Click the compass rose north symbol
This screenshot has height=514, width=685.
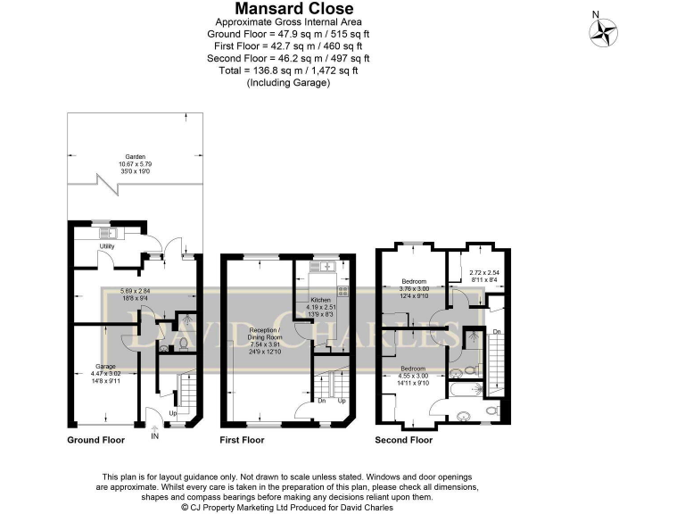pos(603,32)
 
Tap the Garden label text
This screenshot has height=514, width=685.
pos(134,156)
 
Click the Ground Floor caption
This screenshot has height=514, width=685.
pos(96,440)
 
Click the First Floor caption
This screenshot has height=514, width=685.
pos(243,440)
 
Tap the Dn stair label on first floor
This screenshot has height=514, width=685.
pos(322,401)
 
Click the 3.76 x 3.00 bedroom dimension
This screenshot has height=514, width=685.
pos(413,289)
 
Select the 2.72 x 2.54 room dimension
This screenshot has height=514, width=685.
pos(470,273)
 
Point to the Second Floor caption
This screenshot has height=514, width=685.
pos(404,440)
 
